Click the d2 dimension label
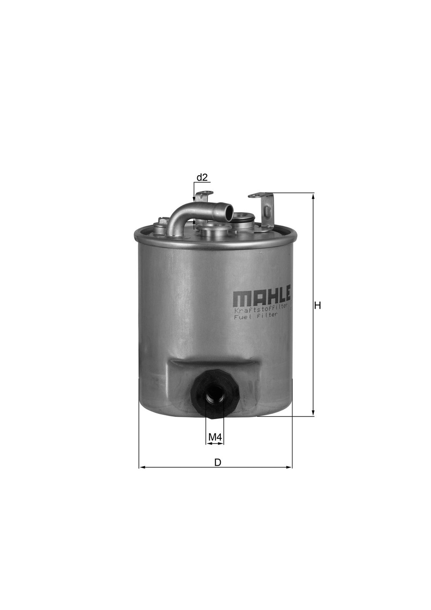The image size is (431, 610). point(202,178)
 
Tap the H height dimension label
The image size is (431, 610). point(317,305)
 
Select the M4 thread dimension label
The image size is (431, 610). point(215,436)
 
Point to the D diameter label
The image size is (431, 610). point(218,462)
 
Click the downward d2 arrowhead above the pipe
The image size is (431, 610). point(194,199)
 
